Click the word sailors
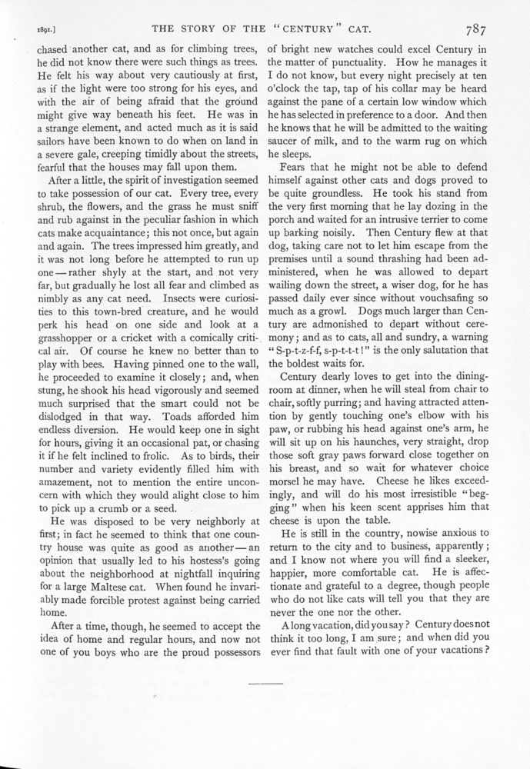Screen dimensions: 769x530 39,132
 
